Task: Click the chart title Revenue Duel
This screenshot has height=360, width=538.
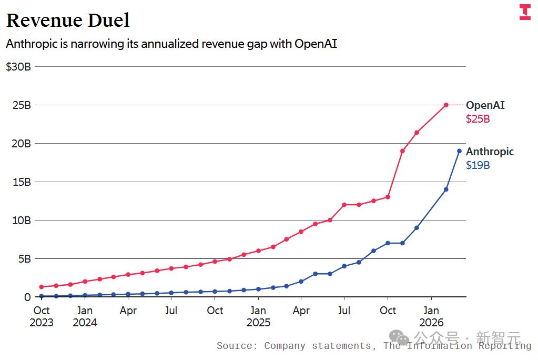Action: pyautogui.click(x=68, y=20)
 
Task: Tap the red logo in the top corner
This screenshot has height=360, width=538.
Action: pyautogui.click(x=525, y=12)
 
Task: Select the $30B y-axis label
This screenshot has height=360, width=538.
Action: pyautogui.click(x=18, y=67)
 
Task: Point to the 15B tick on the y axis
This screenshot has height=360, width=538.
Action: pyautogui.click(x=22, y=182)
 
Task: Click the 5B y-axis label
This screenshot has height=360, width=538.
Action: pyautogui.click(x=25, y=258)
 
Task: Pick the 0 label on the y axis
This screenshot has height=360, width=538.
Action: pyautogui.click(x=27, y=297)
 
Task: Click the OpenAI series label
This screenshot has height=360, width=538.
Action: pyautogui.click(x=485, y=105)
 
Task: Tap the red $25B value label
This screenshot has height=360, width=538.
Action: pyautogui.click(x=478, y=119)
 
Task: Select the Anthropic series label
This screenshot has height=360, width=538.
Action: pyautogui.click(x=490, y=151)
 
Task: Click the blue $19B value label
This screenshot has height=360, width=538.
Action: pyautogui.click(x=478, y=165)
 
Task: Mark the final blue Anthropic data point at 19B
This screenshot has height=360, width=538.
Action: pyautogui.click(x=460, y=151)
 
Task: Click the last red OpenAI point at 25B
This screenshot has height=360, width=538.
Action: pyautogui.click(x=446, y=105)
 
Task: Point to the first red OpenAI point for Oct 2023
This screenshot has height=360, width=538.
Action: pyautogui.click(x=42, y=287)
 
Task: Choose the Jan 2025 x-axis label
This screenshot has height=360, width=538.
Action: pyautogui.click(x=258, y=316)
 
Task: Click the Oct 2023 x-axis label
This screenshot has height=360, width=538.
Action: pyautogui.click(x=42, y=316)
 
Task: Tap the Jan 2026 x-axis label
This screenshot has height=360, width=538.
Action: pyautogui.click(x=431, y=316)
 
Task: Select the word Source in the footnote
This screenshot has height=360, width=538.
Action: pyautogui.click(x=237, y=346)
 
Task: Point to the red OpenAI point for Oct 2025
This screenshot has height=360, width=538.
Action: pyautogui.click(x=388, y=197)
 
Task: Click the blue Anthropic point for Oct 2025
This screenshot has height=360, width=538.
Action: pyautogui.click(x=388, y=243)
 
